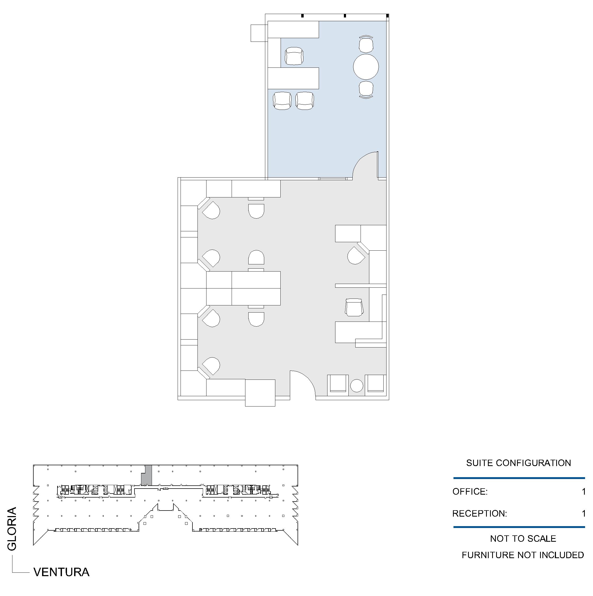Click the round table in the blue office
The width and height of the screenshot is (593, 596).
coord(366,67)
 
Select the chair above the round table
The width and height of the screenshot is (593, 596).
coord(366,44)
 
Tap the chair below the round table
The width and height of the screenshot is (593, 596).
coord(366,89)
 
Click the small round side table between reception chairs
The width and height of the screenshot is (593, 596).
coord(357,386)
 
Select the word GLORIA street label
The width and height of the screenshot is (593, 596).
coord(12,529)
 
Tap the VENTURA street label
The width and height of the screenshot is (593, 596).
coord(61,572)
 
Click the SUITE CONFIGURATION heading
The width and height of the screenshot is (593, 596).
coord(518,463)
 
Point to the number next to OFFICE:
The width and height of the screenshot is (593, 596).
coord(583,491)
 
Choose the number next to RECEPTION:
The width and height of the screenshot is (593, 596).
coord(583,513)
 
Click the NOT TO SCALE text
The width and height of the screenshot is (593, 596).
coord(523,538)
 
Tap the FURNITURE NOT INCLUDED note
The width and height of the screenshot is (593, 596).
coord(523,555)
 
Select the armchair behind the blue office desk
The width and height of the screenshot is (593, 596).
coord(294,56)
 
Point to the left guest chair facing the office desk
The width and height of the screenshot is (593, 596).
coord(282,101)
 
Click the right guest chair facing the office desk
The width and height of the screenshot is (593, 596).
coord(305,101)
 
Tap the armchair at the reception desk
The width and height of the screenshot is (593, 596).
coord(354,307)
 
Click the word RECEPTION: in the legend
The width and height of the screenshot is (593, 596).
coord(479,513)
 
